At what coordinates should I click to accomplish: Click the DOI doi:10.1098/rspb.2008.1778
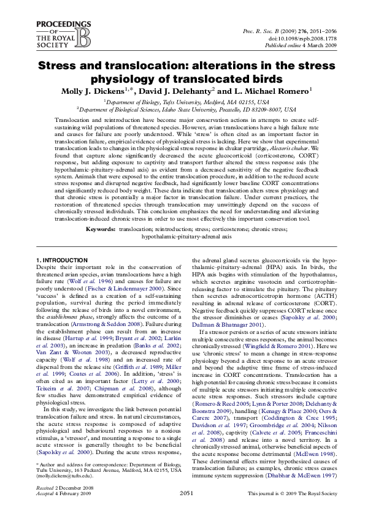point(299,39)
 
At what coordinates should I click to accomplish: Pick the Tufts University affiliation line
point(186,101)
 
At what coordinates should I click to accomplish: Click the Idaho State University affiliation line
point(186,108)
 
